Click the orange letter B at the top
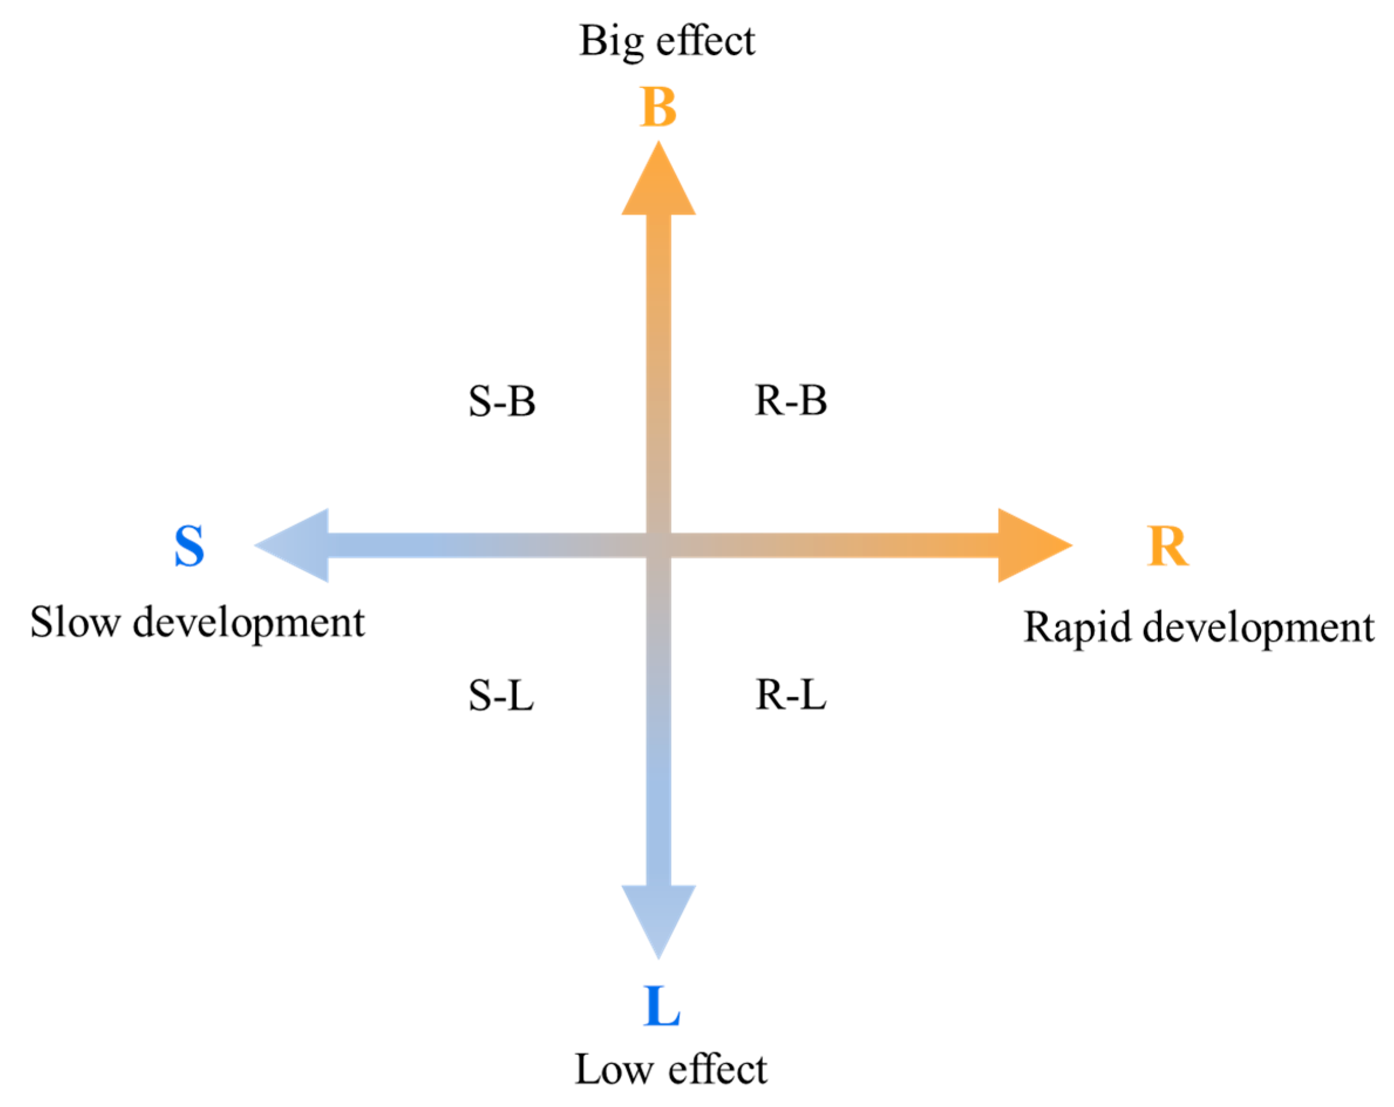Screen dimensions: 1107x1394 click(x=657, y=107)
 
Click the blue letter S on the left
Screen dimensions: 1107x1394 click(x=189, y=546)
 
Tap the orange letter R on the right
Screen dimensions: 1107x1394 click(x=1167, y=546)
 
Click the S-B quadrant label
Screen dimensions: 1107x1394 click(x=502, y=401)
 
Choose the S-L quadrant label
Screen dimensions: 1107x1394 click(x=501, y=696)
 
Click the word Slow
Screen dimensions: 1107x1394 click(x=75, y=623)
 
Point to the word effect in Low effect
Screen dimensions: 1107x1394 click(x=718, y=1069)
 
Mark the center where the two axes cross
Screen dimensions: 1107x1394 click(x=658, y=545)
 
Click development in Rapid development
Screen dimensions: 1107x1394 click(x=1258, y=628)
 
